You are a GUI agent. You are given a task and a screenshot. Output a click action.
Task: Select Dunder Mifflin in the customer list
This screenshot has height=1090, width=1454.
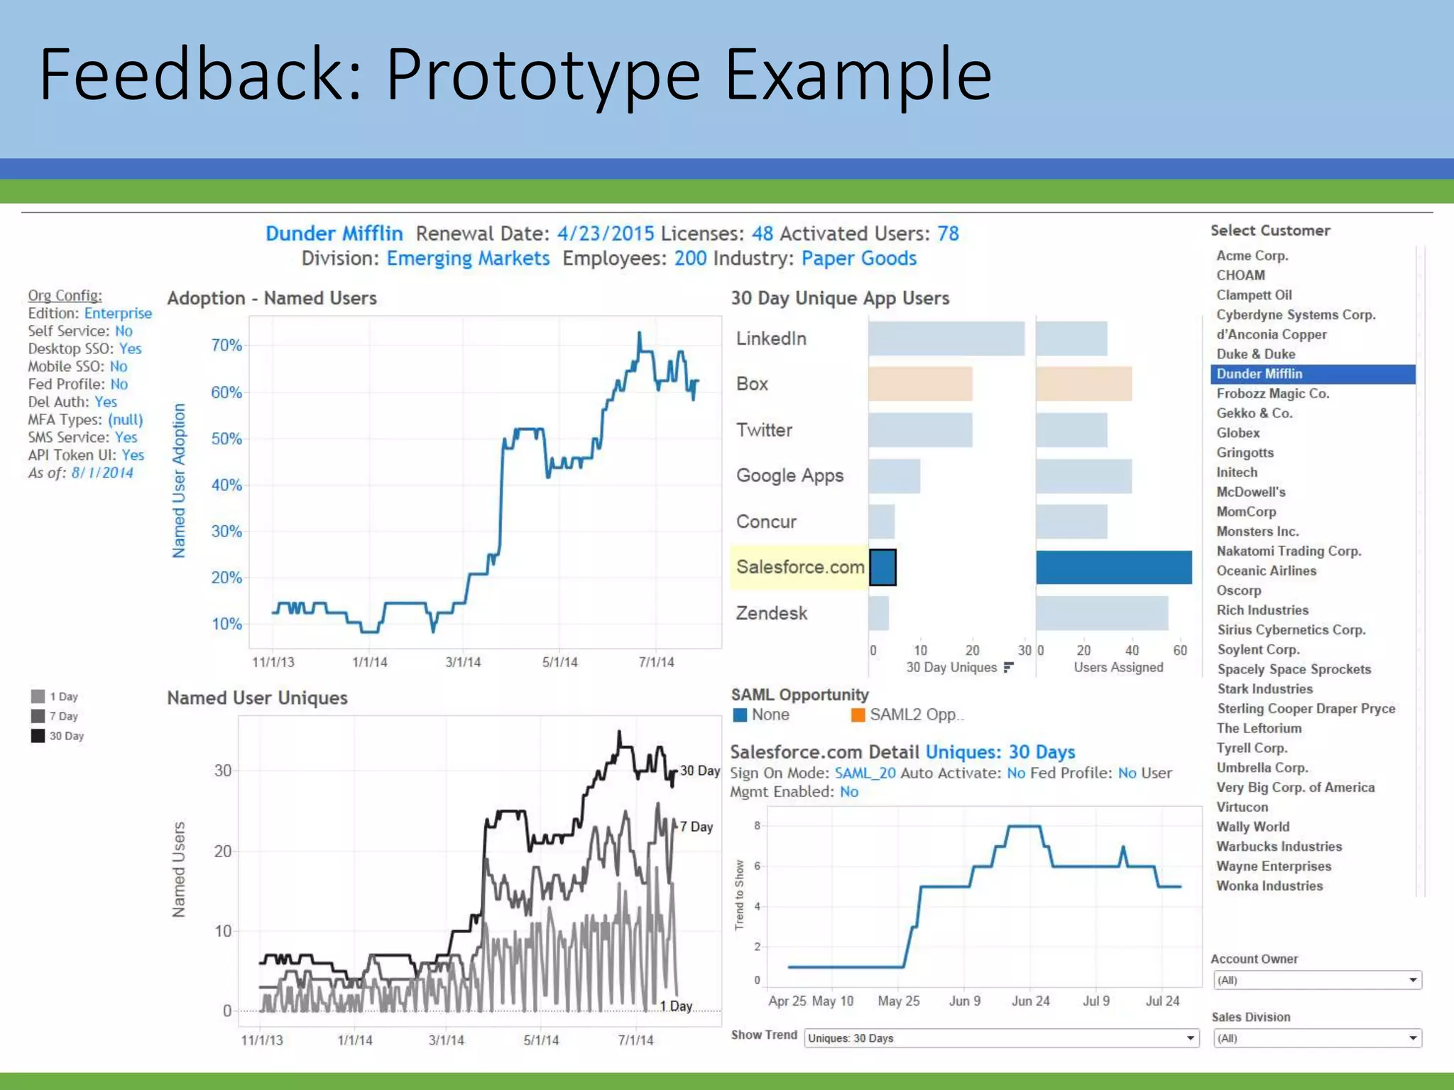[x=1259, y=374]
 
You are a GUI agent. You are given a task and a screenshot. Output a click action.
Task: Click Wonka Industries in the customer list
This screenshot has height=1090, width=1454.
[x=1269, y=886]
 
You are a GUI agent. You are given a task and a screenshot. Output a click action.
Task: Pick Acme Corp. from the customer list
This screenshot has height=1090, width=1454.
[x=1252, y=255]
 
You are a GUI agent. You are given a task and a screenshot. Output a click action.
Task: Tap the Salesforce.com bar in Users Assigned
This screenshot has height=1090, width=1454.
[x=1113, y=568]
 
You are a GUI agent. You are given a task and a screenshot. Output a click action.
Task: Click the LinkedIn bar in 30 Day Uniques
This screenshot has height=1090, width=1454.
[x=946, y=338]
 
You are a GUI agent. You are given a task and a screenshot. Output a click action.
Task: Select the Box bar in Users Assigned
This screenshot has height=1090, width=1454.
[x=1083, y=384]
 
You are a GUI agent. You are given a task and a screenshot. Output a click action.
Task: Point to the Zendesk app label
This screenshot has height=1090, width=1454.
[x=772, y=613]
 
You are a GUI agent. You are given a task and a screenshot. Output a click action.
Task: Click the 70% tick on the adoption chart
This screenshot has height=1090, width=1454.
[x=226, y=346]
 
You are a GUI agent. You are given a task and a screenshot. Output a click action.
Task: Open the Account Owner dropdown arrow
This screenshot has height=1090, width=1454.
[x=1413, y=980]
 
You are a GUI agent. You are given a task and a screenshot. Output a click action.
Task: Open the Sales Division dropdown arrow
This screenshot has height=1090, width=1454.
[x=1413, y=1038]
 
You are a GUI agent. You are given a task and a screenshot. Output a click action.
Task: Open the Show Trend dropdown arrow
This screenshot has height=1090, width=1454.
[x=1191, y=1038]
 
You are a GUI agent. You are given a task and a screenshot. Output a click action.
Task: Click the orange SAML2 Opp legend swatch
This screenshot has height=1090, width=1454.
[x=858, y=715]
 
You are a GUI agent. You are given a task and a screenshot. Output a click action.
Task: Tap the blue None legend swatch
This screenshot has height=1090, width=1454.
[x=740, y=715]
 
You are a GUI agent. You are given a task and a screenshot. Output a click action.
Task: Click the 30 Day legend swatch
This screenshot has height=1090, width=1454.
[x=38, y=736]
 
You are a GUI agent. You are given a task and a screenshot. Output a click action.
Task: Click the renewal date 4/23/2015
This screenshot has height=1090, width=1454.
[x=606, y=233]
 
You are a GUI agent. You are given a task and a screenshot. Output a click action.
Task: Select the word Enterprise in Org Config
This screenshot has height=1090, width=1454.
[x=118, y=313]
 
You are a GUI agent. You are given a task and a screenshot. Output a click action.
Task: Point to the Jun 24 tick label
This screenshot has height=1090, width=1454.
[x=1030, y=1001]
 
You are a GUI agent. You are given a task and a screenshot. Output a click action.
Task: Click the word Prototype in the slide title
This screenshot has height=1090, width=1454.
[x=543, y=74]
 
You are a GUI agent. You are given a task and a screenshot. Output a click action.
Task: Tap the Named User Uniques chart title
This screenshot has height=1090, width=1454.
[x=257, y=698]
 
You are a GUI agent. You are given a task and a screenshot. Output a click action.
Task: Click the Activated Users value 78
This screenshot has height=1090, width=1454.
[x=948, y=233]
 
